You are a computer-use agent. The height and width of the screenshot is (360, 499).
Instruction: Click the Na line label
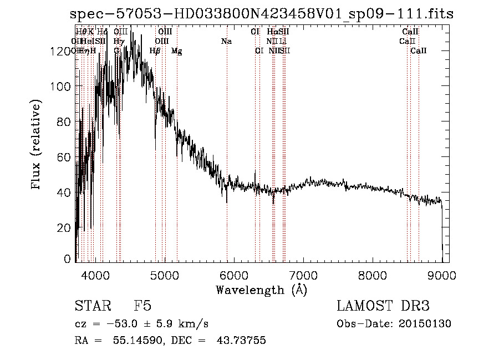pos(226,41)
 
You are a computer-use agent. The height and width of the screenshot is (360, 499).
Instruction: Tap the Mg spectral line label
pos(176,51)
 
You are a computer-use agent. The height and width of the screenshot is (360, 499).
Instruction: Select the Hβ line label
pos(155,51)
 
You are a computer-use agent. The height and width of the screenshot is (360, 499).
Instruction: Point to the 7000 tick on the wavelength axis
pos(303,274)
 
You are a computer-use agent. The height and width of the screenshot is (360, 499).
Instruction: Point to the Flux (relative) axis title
pos(37,145)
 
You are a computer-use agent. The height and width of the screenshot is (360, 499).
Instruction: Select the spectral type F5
pos(142,306)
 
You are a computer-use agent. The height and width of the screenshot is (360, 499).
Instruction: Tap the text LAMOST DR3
pos(383,306)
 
